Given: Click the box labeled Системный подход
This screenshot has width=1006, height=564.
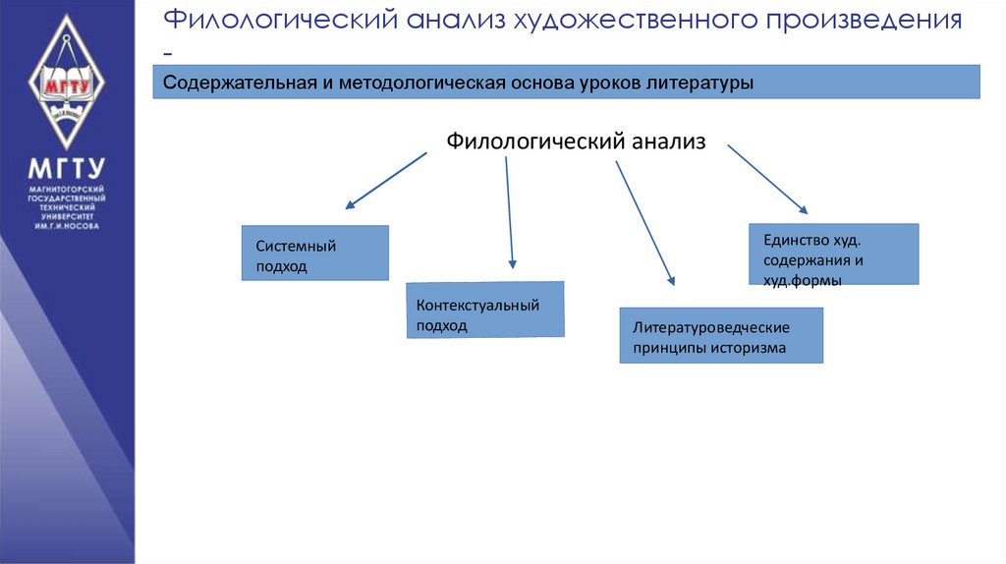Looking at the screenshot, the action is point(315,254).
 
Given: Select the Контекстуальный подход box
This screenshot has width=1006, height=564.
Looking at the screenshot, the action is point(485,310).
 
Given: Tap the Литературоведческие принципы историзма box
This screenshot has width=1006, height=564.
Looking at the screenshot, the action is point(721,336).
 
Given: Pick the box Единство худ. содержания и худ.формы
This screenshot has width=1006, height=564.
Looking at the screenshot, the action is point(834,254).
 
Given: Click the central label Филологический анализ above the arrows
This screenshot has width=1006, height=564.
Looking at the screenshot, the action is point(577,141).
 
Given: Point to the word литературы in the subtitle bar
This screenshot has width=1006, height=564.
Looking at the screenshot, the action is point(700,84).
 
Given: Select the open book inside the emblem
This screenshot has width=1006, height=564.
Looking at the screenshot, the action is point(67,77).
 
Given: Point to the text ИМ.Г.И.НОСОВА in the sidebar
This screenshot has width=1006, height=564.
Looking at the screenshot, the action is point(67,226).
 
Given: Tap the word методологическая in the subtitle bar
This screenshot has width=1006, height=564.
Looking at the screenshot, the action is point(421,84).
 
